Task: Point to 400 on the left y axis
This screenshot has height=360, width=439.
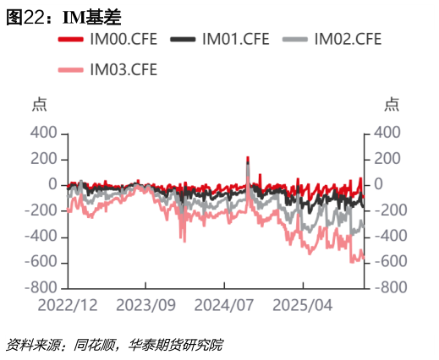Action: pos(43,134)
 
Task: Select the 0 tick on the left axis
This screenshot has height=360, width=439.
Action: pos(52,185)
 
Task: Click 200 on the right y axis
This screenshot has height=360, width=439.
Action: pos(387,160)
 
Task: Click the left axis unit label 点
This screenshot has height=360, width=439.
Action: pos(40,106)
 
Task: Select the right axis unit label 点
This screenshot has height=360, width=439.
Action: pos(391,106)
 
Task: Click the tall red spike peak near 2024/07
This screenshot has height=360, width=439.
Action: pos(248,159)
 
